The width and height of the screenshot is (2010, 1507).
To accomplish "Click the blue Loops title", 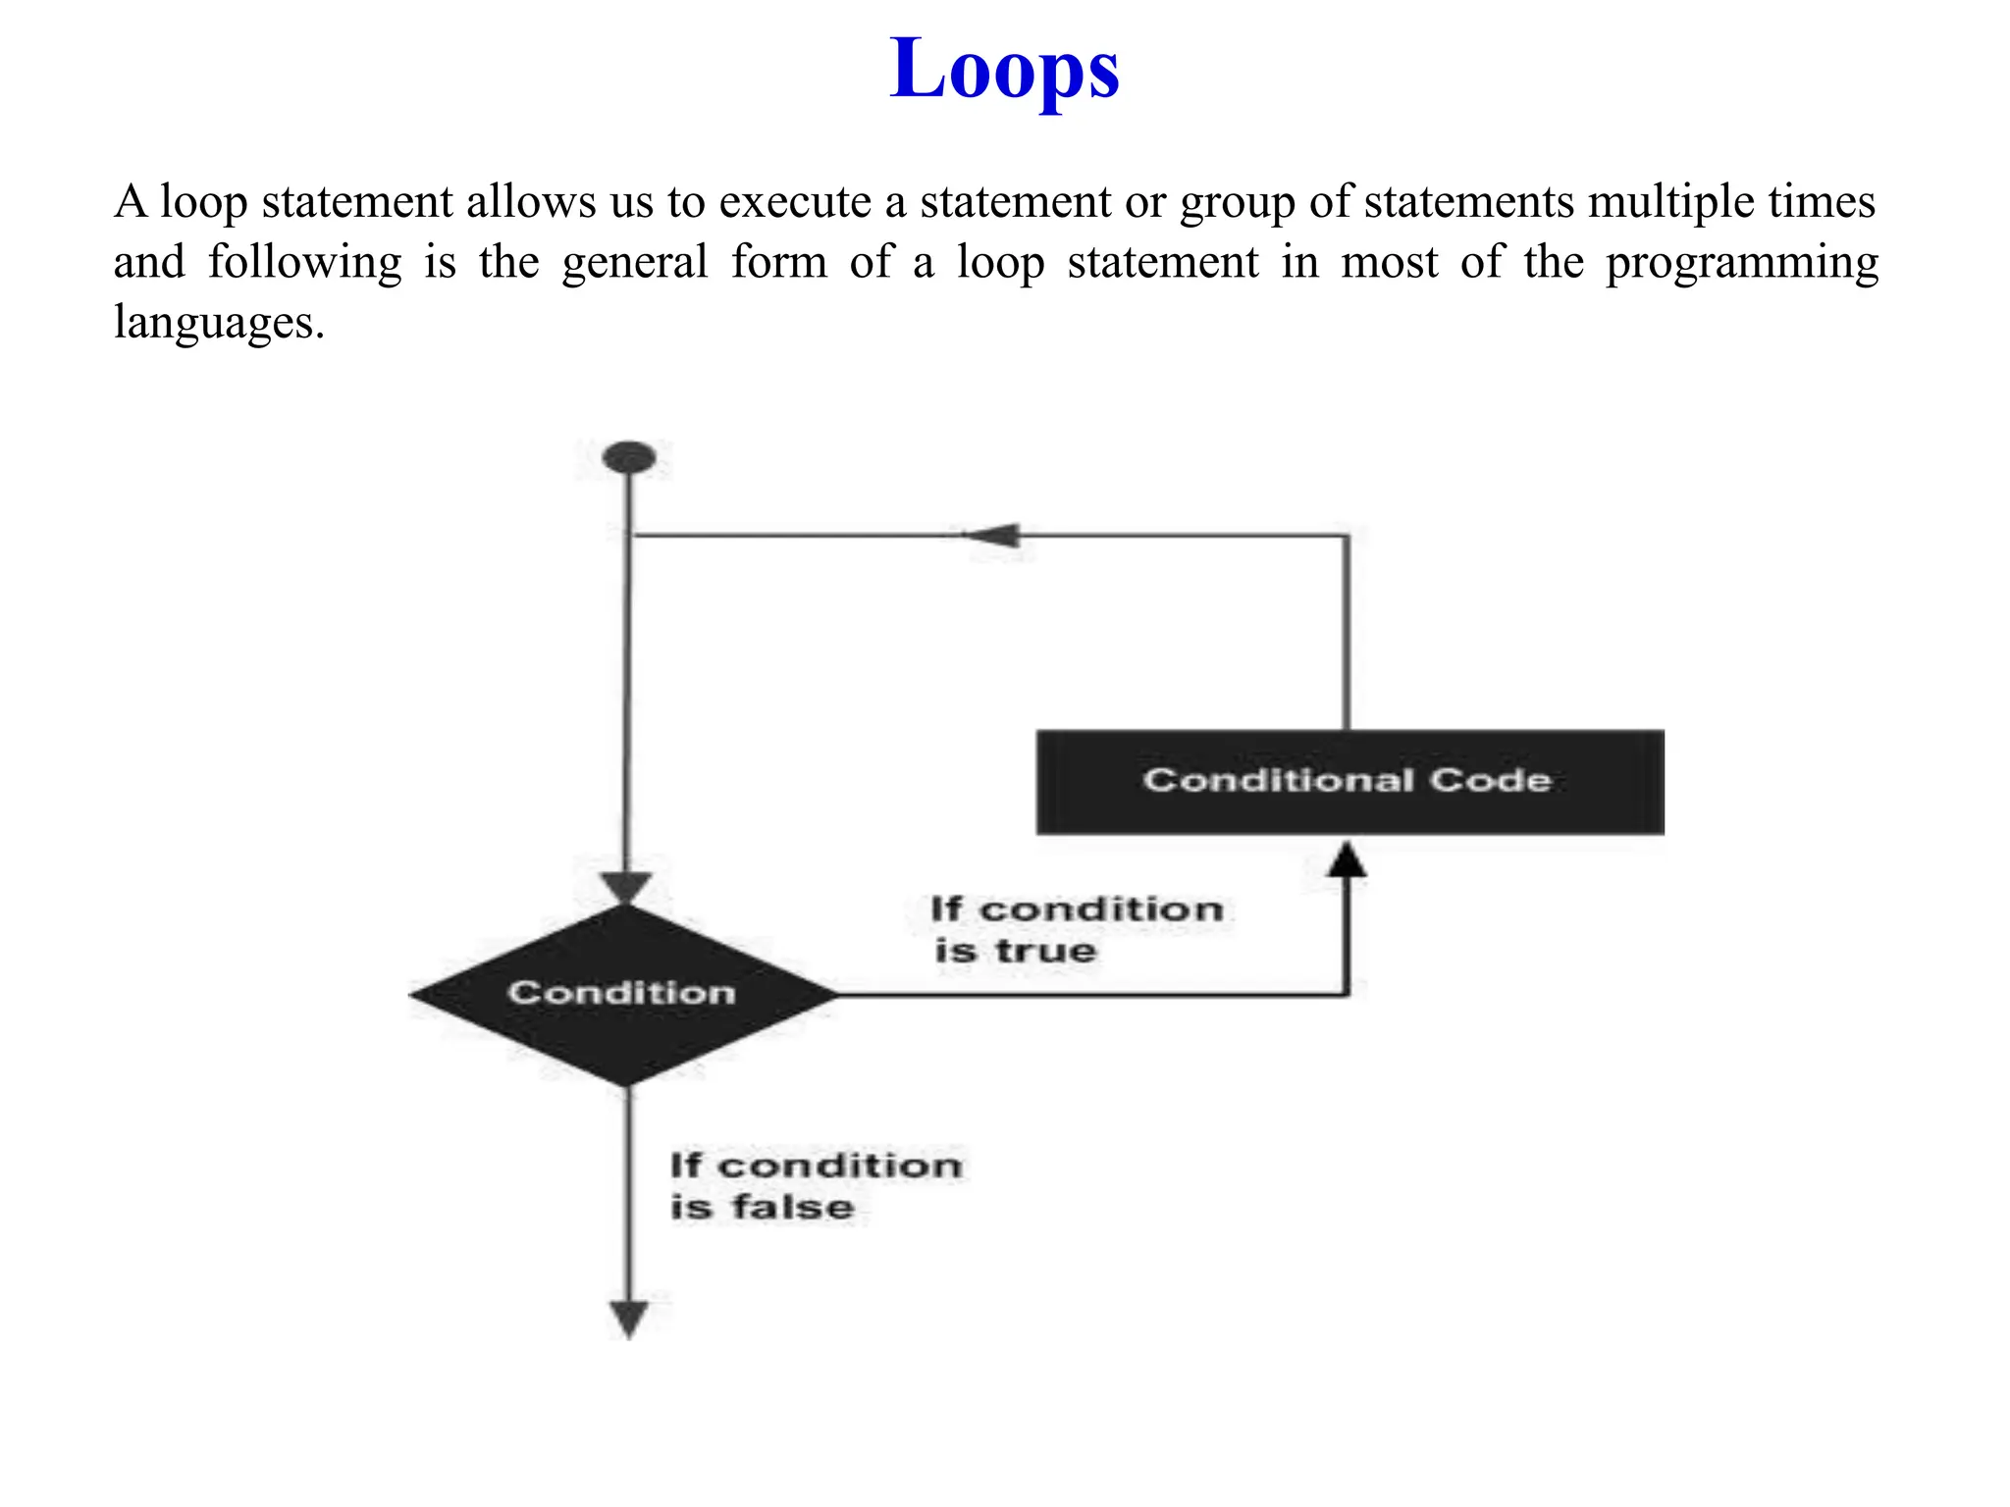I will point(1004,69).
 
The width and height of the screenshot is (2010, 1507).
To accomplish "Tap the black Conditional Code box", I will point(1349,782).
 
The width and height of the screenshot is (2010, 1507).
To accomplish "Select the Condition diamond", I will point(623,994).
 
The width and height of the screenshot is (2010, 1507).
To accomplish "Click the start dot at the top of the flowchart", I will point(629,457).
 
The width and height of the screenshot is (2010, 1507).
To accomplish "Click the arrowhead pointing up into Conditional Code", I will point(1347,858).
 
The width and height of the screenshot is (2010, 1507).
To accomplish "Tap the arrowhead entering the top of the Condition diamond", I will point(626,888).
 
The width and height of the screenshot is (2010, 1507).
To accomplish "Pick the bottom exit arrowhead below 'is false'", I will point(628,1319).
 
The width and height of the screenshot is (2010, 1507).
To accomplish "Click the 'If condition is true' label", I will point(1077,929).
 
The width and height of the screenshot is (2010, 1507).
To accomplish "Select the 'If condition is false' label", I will point(815,1186).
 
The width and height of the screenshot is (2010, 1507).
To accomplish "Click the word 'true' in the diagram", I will point(1045,951).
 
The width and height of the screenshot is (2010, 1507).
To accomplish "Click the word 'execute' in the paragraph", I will point(795,202).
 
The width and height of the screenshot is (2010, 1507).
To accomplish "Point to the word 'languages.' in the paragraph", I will point(219,323).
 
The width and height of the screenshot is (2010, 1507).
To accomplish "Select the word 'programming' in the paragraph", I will point(1741,264).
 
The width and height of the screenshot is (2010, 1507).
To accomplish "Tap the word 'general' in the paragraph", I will point(635,263).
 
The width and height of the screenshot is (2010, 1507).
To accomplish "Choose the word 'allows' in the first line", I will point(531,202).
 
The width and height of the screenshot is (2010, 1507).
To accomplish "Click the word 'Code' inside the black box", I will point(1490,780).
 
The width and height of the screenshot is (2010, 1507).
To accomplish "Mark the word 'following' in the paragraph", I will point(304,263).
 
